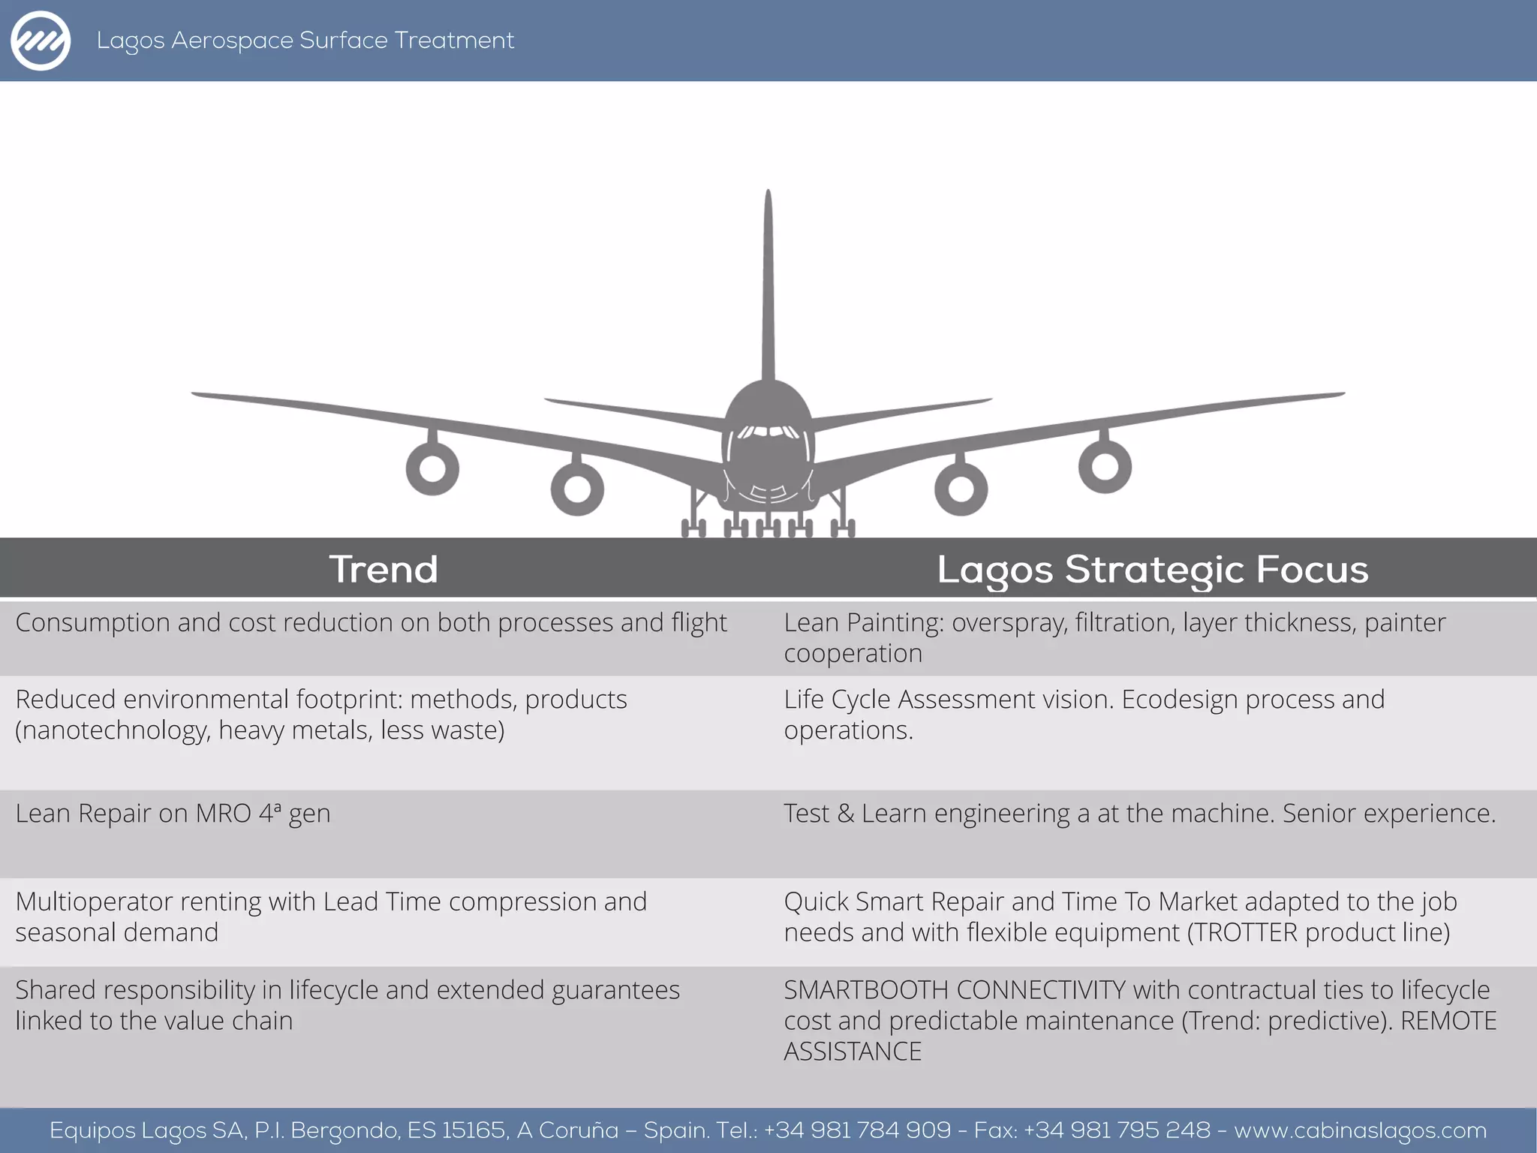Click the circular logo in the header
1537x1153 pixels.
(x=41, y=41)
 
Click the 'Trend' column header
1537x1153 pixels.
(x=383, y=569)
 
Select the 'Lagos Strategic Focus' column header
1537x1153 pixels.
(x=1153, y=569)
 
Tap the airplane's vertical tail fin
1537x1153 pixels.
(x=768, y=285)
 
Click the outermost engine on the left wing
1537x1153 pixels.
(x=432, y=468)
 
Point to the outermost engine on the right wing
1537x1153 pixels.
(x=1105, y=466)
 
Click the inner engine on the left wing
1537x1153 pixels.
(x=577, y=489)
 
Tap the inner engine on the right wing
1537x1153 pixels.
(x=961, y=489)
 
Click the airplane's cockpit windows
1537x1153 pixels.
(x=768, y=432)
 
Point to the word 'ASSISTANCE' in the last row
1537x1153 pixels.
(x=853, y=1052)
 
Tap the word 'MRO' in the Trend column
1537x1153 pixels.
(x=223, y=814)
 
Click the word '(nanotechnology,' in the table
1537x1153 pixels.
(x=113, y=730)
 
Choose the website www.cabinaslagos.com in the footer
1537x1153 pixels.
(x=1360, y=1130)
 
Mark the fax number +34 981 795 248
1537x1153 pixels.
(x=1117, y=1130)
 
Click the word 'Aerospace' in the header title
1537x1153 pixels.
(x=232, y=41)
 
